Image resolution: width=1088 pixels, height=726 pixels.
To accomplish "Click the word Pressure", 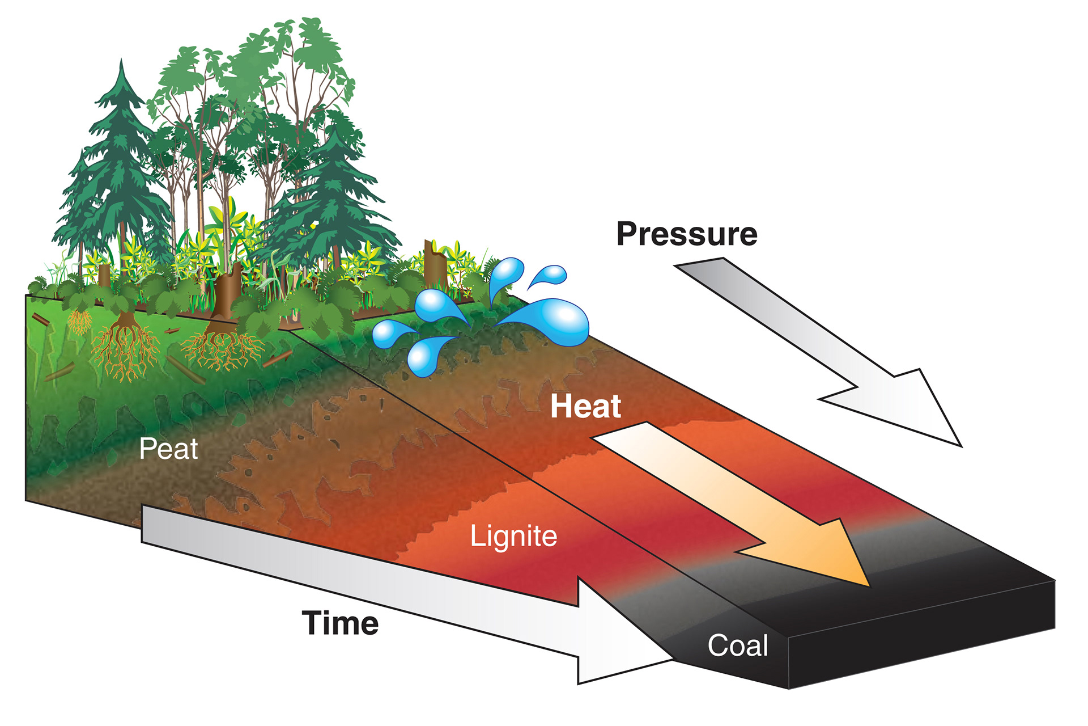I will pos(687,234).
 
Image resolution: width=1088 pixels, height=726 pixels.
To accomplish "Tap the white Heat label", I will pos(585,406).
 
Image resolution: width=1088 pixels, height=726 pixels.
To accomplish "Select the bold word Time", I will pos(340,623).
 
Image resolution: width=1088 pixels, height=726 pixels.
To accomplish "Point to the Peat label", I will pos(168,449).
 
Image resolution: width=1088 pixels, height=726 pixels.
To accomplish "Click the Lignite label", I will pos(513,536).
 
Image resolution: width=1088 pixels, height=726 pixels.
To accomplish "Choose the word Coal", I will pos(738,645).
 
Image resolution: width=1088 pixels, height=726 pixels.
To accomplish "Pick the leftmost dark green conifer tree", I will pos(116,170).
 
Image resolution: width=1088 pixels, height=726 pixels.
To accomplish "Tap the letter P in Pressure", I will pos(628,234).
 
